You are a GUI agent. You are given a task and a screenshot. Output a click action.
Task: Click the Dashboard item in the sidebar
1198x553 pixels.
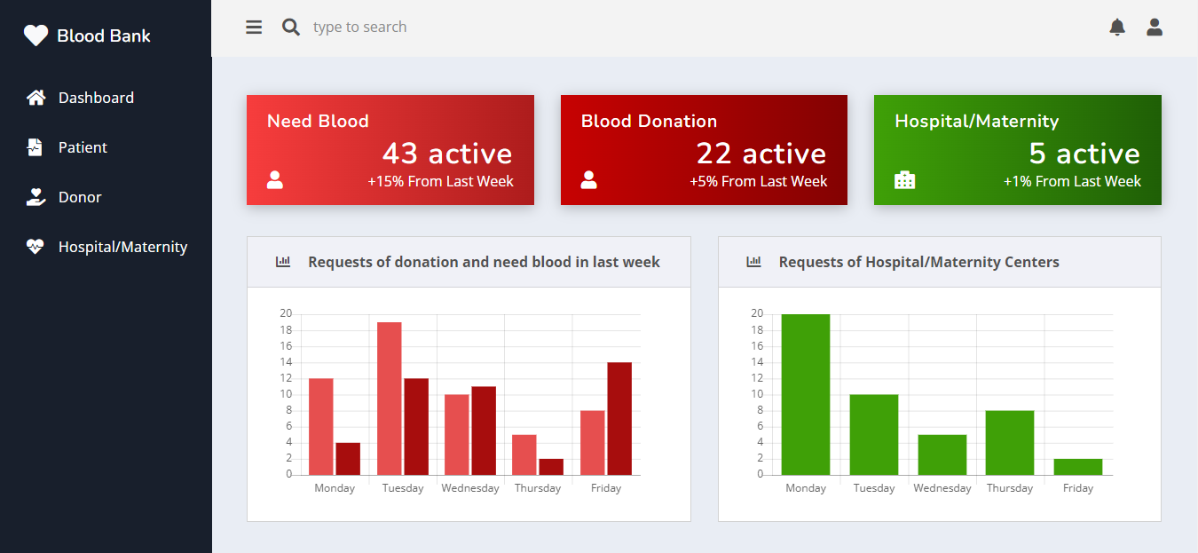(x=96, y=98)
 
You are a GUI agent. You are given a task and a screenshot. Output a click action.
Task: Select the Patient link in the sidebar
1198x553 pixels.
(x=83, y=147)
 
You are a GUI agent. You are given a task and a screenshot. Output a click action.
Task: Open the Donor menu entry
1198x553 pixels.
(x=80, y=197)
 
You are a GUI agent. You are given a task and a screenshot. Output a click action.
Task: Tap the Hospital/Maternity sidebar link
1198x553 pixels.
(x=122, y=247)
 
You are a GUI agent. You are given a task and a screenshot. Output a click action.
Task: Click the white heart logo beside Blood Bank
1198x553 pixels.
(x=35, y=36)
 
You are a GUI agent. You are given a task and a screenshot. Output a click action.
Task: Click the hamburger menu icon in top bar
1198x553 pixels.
(x=254, y=28)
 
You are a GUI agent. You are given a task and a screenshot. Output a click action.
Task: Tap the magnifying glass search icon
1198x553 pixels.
(x=290, y=28)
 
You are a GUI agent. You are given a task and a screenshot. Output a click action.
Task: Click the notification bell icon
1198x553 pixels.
(x=1117, y=28)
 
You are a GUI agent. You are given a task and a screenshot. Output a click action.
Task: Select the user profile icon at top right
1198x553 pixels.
(x=1155, y=28)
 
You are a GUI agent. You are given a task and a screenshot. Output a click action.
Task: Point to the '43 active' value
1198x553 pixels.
(x=447, y=154)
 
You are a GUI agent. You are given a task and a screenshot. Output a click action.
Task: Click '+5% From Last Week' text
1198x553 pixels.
(x=758, y=181)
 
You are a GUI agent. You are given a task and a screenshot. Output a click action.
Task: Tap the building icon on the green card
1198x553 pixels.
(x=904, y=180)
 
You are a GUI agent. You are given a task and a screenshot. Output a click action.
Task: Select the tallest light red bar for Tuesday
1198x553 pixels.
(x=389, y=399)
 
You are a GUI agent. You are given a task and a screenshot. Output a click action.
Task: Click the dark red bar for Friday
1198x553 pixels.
(x=619, y=418)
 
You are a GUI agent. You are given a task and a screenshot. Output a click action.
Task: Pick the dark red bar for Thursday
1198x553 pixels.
(x=551, y=466)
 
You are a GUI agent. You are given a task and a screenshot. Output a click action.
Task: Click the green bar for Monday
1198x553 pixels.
(x=806, y=394)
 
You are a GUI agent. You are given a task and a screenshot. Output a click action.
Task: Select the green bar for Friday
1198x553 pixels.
(x=1078, y=466)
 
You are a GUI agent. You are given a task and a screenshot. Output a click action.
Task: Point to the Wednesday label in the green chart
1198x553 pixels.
(x=942, y=488)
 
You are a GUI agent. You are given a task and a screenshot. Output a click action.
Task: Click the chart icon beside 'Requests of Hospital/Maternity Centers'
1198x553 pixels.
(x=753, y=262)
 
